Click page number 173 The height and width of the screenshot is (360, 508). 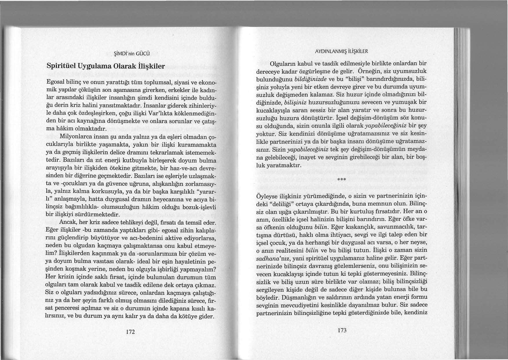342,330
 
